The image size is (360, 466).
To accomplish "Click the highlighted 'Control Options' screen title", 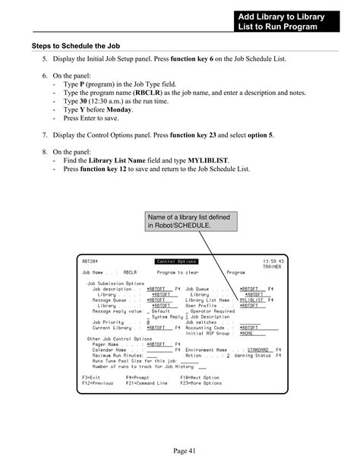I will tap(178, 262).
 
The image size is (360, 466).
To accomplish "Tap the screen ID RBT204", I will tap(90, 262).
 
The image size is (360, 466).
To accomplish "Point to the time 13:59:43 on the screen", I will tap(273, 262).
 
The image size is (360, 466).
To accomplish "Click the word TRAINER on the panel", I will tap(273, 267).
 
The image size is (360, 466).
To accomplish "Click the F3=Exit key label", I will tap(91, 377).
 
